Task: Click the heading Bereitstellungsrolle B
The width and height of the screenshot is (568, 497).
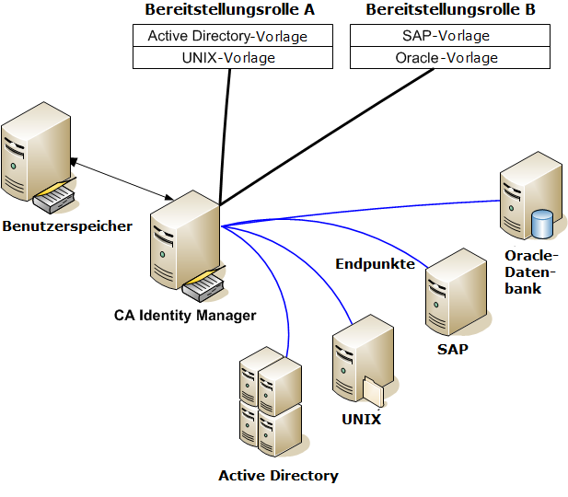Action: tap(450, 10)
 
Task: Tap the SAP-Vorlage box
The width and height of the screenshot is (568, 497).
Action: tap(450, 37)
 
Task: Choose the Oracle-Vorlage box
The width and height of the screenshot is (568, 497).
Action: tap(450, 58)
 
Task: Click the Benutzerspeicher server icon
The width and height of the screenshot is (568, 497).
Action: tap(36, 162)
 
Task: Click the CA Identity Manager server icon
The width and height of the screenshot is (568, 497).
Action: tap(185, 244)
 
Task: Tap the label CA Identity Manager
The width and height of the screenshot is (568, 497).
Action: tap(185, 316)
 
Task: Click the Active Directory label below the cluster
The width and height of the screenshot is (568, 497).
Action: tap(278, 476)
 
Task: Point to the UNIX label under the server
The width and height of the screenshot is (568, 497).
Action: tap(361, 420)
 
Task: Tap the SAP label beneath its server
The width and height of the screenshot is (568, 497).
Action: tap(452, 350)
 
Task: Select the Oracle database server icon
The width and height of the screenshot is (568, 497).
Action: tap(527, 198)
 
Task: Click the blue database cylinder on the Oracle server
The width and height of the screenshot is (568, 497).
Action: tap(543, 224)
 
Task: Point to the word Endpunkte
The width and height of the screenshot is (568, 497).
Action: tap(375, 264)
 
